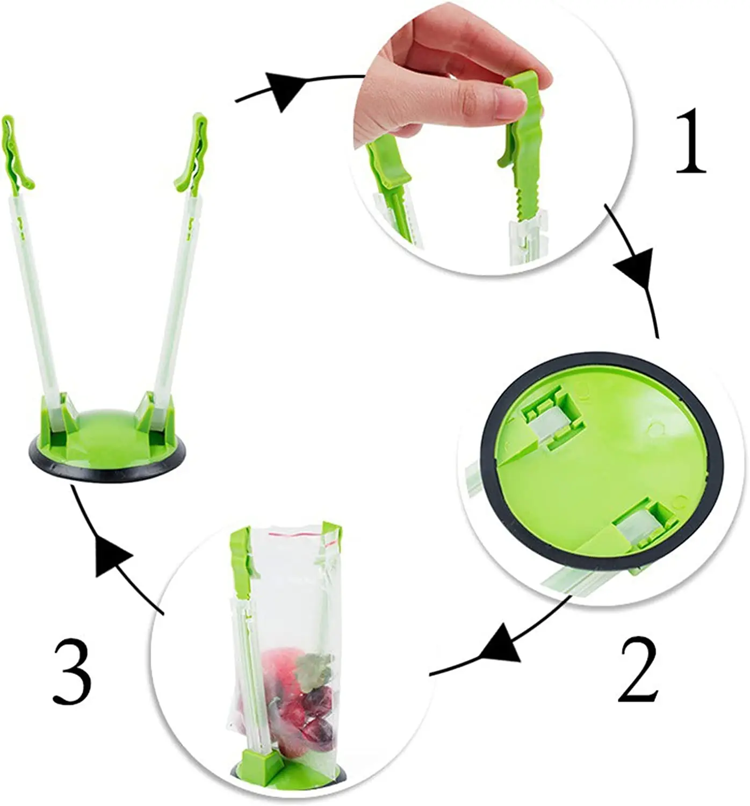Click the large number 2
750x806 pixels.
[638, 670]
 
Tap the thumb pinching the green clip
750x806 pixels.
[505, 102]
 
